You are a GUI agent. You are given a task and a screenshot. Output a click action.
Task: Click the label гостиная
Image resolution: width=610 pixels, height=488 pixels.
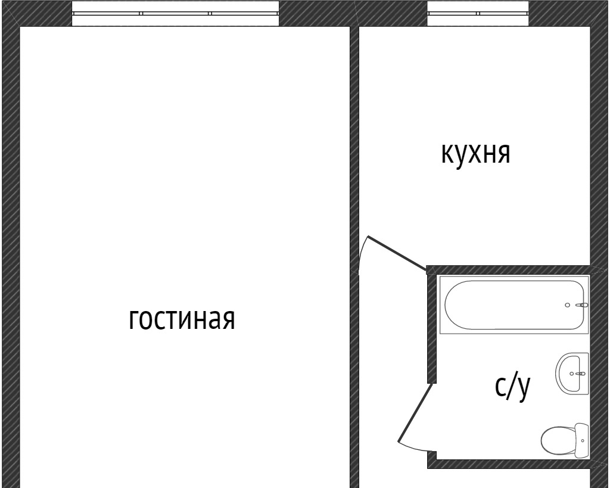pos(182,319)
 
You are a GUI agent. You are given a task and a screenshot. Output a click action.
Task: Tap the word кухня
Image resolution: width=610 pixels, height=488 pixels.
pos(475,153)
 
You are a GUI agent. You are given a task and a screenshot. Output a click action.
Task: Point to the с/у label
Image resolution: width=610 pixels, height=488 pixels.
pos(512,387)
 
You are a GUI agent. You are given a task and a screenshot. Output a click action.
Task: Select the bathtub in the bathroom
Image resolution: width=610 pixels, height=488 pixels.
pos(514,304)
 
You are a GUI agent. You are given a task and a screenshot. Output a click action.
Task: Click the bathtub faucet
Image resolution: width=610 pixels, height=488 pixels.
pos(583,305)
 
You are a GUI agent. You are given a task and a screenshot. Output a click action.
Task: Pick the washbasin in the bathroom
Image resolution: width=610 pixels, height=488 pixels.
pos(572,373)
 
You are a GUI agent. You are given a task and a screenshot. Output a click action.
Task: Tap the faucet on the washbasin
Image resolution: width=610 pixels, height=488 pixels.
pos(580,374)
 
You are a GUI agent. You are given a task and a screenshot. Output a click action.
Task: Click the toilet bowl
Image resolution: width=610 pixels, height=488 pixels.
pos(558,440)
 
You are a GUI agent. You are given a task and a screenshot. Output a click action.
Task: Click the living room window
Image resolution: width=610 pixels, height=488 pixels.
pos(176,13)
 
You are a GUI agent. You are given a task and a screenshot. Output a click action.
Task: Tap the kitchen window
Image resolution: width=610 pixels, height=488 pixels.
pos(478,13)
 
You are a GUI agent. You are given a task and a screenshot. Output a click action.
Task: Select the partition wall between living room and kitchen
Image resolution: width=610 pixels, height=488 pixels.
pos(354,149)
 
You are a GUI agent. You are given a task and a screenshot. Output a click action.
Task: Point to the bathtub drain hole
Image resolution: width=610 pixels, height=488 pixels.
pos(568,305)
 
